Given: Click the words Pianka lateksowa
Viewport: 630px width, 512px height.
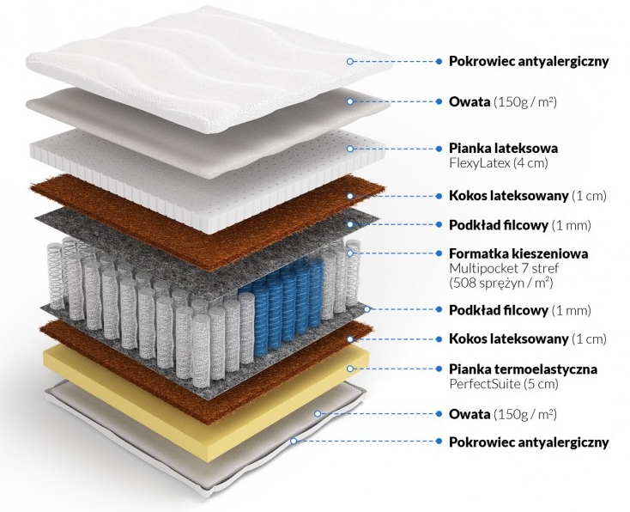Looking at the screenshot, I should pyautogui.click(x=503, y=148).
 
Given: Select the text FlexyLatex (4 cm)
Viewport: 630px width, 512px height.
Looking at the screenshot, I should pyautogui.click(x=498, y=162).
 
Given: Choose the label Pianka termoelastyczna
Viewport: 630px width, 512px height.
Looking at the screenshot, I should pyautogui.click(x=523, y=369).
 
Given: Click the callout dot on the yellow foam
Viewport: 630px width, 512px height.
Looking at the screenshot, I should pyautogui.click(x=350, y=369).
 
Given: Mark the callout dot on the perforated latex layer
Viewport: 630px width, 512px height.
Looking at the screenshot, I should pyautogui.click(x=350, y=149).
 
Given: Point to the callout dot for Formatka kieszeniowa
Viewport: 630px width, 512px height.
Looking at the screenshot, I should pyautogui.click(x=350, y=253).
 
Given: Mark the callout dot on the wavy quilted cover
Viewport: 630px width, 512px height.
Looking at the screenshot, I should pyautogui.click(x=350, y=61).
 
